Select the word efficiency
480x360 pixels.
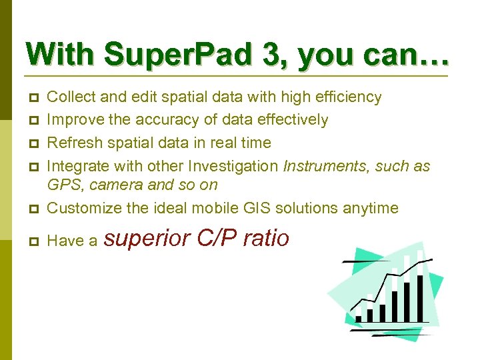pyautogui.click(x=344, y=97)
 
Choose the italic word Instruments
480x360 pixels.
pyautogui.click(x=324, y=165)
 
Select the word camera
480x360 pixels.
pyautogui.click(x=109, y=185)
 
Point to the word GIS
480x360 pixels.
pyautogui.click(x=270, y=208)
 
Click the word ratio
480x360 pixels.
pyautogui.click(x=266, y=238)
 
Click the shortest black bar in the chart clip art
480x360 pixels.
pyautogui.click(x=359, y=319)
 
